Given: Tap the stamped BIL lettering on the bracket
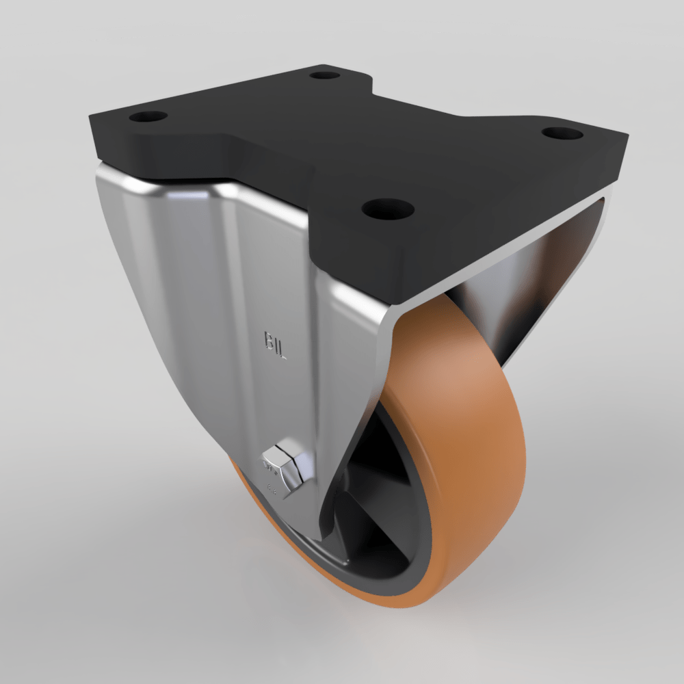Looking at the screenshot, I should tap(276, 345).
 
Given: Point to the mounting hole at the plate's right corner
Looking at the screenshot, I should tap(562, 133).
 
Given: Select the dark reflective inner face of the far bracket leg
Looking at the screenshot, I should tap(540, 287).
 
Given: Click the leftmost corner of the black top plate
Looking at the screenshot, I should tap(91, 127).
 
